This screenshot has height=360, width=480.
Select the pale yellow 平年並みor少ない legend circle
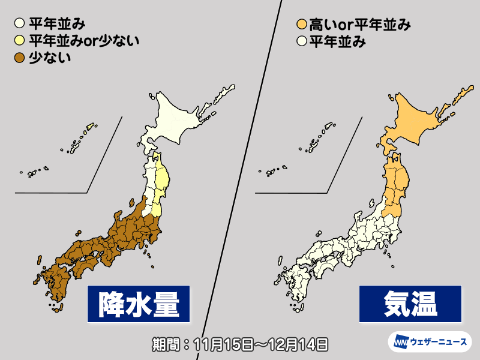coord(20,41)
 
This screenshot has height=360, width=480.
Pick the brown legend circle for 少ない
coord(20,58)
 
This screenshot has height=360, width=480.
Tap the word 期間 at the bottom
coord(165,344)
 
